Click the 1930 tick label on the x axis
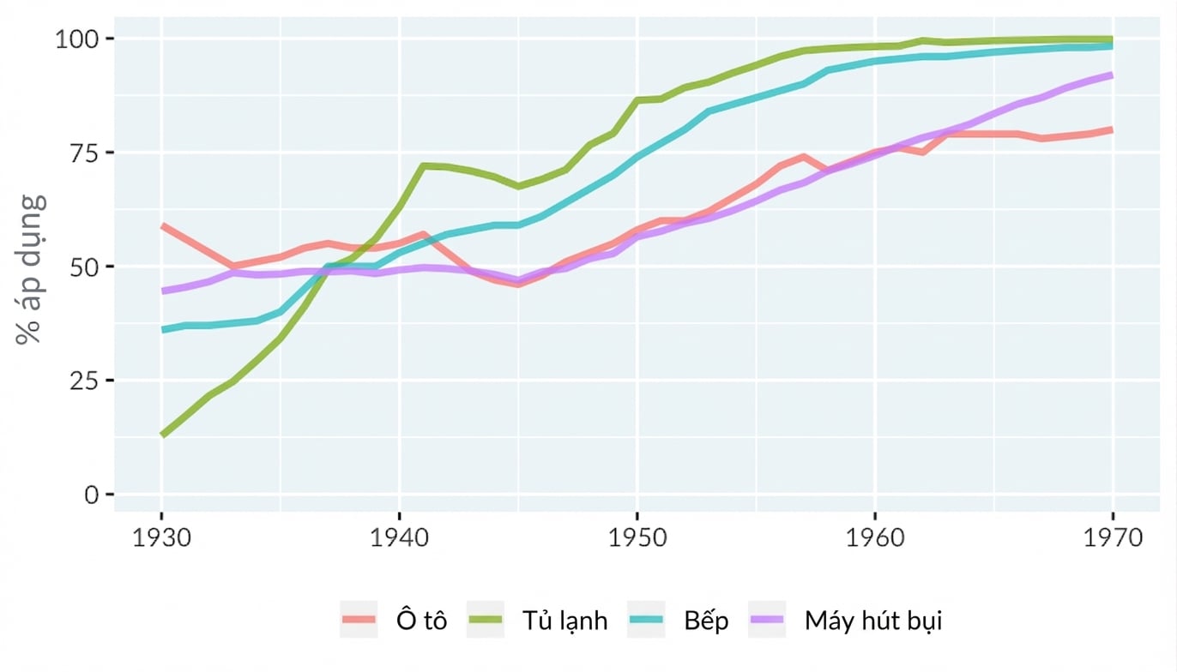click(x=161, y=538)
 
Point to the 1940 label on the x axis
click(x=400, y=538)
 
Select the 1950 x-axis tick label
click(x=637, y=538)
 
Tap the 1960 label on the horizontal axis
click(x=875, y=538)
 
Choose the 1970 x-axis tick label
click(x=1113, y=538)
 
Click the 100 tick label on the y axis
click(x=76, y=39)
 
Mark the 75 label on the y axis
click(x=84, y=153)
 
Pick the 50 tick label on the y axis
click(x=84, y=267)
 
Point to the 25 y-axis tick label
click(x=84, y=381)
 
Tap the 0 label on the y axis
click(x=92, y=495)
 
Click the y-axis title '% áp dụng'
click(x=31, y=269)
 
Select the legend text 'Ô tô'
click(x=421, y=620)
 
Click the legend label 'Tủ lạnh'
click(x=564, y=621)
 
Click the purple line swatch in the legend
click(x=767, y=620)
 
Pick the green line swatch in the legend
click(x=485, y=620)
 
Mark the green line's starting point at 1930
click(x=163, y=435)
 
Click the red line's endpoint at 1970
click(x=1112, y=129)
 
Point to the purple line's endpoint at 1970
click(x=1112, y=75)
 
